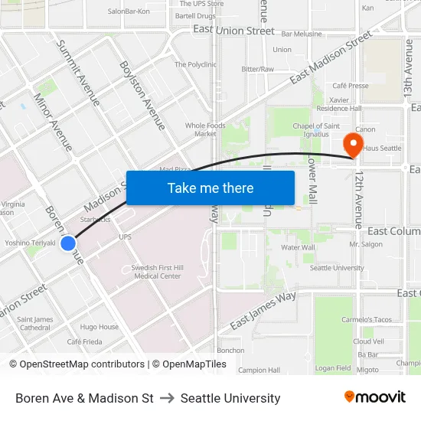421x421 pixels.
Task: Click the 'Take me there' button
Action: [x=210, y=188]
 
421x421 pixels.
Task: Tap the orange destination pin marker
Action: [x=354, y=144]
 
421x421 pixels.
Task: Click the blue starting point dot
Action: [x=68, y=243]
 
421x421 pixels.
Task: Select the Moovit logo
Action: [x=375, y=397]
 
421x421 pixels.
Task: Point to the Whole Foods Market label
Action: [x=205, y=129]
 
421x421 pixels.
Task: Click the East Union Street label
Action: [x=233, y=31]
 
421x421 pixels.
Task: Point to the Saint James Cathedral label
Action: [x=34, y=323]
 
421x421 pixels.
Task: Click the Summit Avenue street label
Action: [x=79, y=73]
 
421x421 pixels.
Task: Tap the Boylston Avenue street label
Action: [x=142, y=95]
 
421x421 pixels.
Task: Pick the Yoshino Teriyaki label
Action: [x=30, y=243]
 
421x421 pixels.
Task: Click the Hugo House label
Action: [x=100, y=327]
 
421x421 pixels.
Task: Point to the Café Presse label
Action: [x=351, y=86]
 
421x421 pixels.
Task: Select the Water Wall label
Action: [x=298, y=247]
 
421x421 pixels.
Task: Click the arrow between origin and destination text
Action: [x=167, y=398]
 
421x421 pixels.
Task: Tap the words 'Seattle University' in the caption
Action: [x=230, y=398]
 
